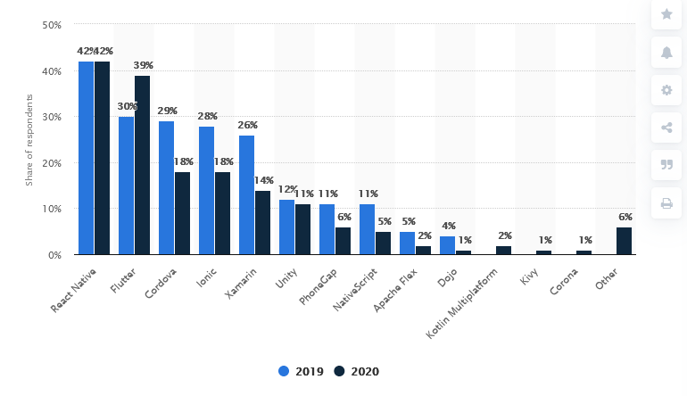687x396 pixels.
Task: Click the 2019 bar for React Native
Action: pos(86,158)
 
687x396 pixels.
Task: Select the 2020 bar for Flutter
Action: pos(142,165)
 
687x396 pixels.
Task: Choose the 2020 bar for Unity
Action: pos(302,229)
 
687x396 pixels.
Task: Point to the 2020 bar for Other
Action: pos(625,241)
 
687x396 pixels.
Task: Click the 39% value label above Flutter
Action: pos(143,65)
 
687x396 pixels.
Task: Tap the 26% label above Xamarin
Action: pos(247,125)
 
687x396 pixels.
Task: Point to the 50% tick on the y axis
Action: pos(52,25)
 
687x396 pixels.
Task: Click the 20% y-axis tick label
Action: pos(52,163)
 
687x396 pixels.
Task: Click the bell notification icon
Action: pos(666,53)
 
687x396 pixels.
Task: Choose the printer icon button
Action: pos(666,203)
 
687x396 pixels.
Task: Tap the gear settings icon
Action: pos(666,90)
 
